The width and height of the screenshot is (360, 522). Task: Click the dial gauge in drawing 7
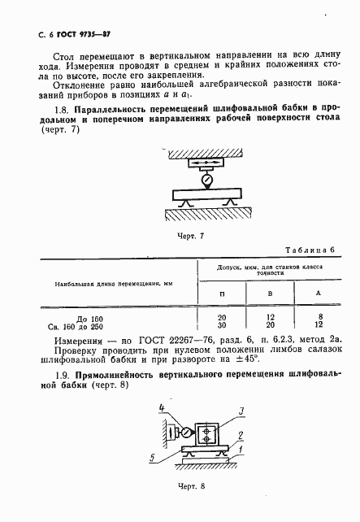(x=207, y=177)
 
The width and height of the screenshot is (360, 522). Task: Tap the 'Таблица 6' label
(x=313, y=250)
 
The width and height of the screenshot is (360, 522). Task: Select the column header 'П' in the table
(x=223, y=292)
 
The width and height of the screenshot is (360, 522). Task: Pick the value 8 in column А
(x=319, y=315)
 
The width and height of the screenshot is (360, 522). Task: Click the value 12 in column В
(x=271, y=315)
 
